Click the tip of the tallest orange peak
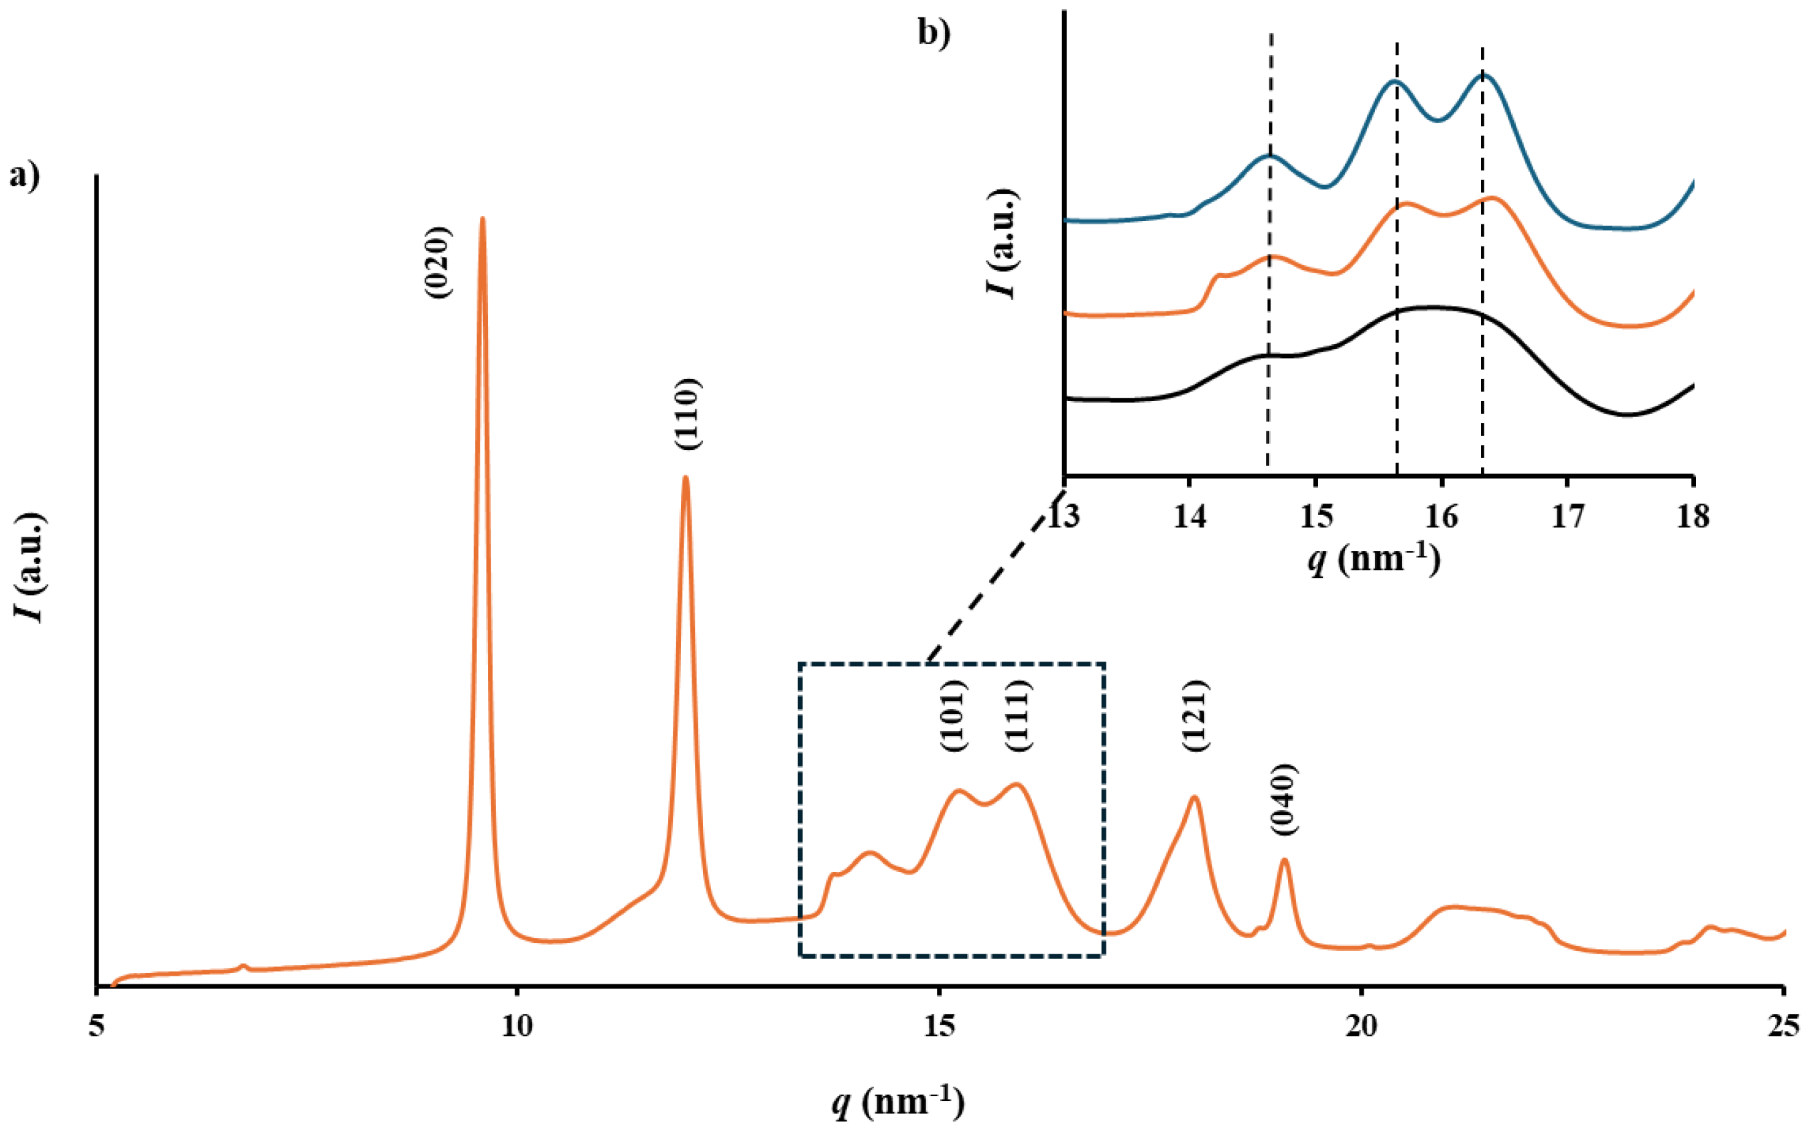pos(482,219)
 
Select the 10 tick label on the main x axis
pos(517,1026)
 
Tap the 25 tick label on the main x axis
pos(1783,1026)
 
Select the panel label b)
pos(934,34)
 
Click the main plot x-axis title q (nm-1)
pos(899,1102)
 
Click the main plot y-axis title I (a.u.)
pos(32,567)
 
